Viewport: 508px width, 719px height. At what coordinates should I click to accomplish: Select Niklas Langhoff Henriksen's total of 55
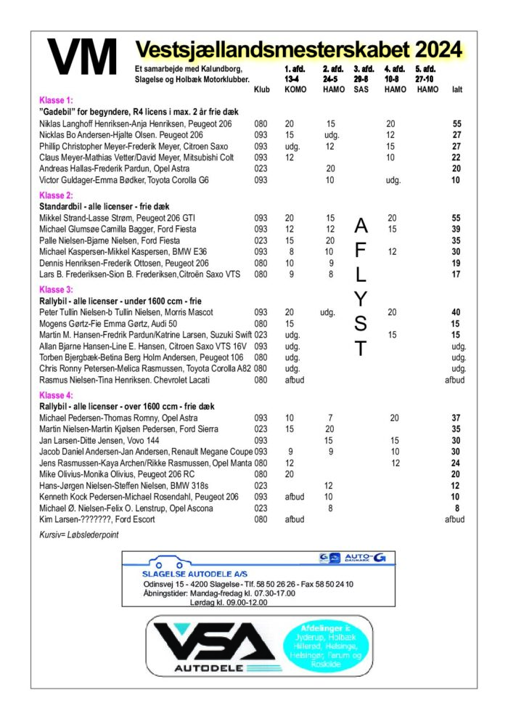coord(456,124)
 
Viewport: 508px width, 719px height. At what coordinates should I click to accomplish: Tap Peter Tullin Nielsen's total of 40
coord(456,312)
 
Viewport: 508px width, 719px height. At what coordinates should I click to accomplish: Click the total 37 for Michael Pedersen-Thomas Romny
coord(456,418)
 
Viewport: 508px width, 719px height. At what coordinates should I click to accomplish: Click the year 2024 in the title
coord(438,50)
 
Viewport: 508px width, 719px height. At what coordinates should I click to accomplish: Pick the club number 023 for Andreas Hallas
coord(261,168)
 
